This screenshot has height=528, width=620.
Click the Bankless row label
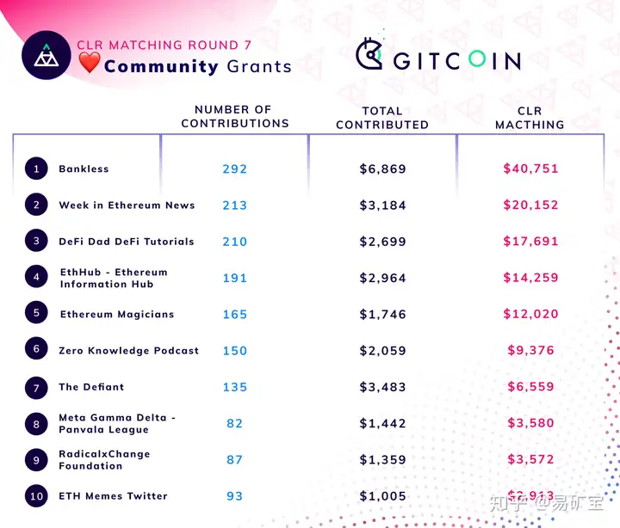[84, 169]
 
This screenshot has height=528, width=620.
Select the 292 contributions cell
[234, 169]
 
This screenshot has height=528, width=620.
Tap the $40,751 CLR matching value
[530, 169]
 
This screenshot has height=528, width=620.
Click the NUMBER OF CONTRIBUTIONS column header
[234, 117]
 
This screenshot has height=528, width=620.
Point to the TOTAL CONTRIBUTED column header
[382, 118]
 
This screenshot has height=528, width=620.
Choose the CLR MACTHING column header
[530, 118]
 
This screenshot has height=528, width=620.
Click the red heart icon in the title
[89, 64]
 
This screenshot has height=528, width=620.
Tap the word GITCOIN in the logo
[457, 60]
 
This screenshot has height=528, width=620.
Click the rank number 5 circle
[36, 313]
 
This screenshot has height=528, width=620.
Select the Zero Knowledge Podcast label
[128, 351]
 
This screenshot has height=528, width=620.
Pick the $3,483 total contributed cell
[382, 387]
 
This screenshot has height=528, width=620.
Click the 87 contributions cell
[234, 460]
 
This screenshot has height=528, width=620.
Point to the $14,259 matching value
[530, 278]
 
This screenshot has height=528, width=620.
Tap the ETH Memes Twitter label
[113, 496]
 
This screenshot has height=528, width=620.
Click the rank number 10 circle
[36, 495]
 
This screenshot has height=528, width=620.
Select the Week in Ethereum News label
[127, 206]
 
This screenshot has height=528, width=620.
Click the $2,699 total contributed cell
[382, 242]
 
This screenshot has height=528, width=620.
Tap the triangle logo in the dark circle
[46, 56]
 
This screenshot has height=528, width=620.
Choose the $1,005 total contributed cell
[382, 496]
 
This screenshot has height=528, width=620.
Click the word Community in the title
[161, 66]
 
